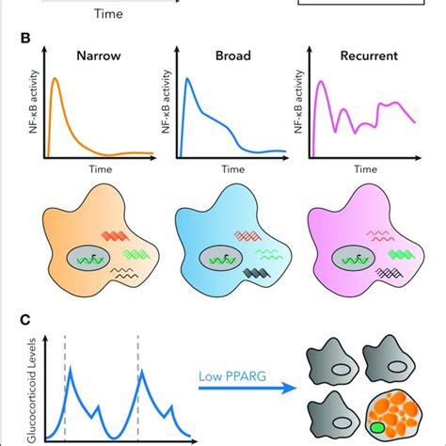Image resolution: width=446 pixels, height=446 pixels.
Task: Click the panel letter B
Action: pyautogui.click(x=25, y=39)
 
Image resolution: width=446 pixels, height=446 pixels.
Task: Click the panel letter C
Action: pyautogui.click(x=25, y=320)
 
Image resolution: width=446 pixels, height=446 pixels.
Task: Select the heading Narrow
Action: pyautogui.click(x=99, y=56)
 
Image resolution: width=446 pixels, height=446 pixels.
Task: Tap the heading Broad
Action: pyautogui.click(x=233, y=56)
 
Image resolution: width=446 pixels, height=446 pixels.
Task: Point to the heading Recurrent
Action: pyautogui.click(x=369, y=56)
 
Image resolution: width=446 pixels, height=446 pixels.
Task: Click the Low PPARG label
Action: pyautogui.click(x=232, y=376)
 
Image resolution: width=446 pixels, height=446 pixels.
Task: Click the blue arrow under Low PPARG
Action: pyautogui.click(x=247, y=388)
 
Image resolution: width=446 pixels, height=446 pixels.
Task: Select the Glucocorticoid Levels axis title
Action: pyautogui.click(x=32, y=390)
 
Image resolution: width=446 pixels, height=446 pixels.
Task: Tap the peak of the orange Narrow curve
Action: pyautogui.click(x=55, y=78)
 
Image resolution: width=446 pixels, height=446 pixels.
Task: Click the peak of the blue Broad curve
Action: pyautogui.click(x=187, y=78)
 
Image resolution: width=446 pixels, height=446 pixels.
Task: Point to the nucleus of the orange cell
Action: pyautogui.click(x=88, y=259)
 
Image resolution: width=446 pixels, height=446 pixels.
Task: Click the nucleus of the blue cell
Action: pyautogui.click(x=220, y=259)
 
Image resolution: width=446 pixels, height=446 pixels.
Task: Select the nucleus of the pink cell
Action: pyautogui.click(x=353, y=259)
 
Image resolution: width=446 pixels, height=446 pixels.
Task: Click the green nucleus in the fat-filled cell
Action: pyautogui.click(x=377, y=428)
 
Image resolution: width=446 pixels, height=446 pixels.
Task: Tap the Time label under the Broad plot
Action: pyautogui.click(x=233, y=169)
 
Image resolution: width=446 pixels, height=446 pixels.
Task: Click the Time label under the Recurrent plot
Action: pyautogui.click(x=366, y=169)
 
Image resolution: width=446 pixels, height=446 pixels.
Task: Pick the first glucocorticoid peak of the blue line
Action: pyautogui.click(x=70, y=368)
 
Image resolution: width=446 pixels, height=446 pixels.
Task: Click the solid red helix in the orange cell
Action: pyautogui.click(x=115, y=236)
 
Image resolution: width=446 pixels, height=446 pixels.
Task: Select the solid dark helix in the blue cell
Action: pyautogui.click(x=257, y=274)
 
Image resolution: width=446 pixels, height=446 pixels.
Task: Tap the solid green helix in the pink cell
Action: pyautogui.click(x=401, y=254)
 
